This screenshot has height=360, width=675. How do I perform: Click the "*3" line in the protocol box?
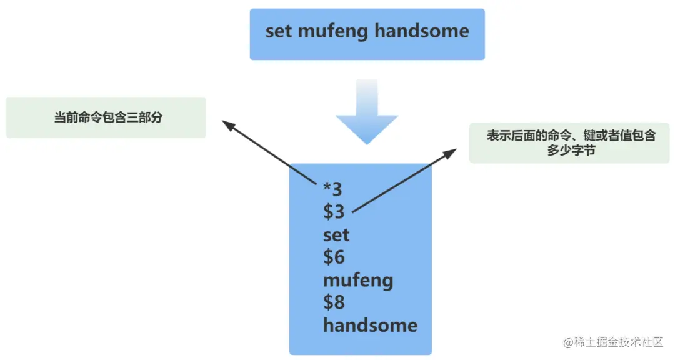(x=332, y=189)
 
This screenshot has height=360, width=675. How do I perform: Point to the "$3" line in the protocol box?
(x=334, y=212)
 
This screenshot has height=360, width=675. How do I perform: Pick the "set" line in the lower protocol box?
(x=336, y=235)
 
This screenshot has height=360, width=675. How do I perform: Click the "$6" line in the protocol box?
(x=334, y=257)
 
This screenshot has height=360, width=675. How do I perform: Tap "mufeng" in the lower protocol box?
(x=358, y=281)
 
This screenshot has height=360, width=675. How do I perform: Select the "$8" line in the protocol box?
(x=334, y=302)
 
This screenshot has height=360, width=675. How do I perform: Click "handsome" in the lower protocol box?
(x=370, y=325)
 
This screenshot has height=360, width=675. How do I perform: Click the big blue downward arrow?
(x=367, y=112)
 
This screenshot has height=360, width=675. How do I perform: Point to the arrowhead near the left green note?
(x=229, y=127)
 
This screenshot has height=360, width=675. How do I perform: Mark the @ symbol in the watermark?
(x=568, y=342)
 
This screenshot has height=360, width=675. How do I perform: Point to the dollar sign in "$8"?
(x=329, y=302)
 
